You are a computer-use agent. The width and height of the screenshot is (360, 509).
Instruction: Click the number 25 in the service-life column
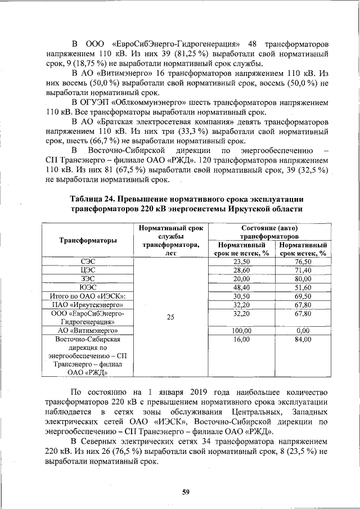tap(170, 317)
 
